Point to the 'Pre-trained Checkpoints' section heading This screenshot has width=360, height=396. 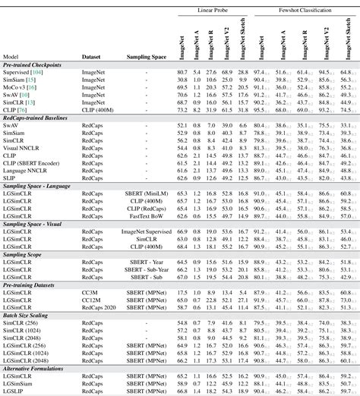(33, 64)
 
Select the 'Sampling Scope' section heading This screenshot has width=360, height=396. (26, 254)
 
